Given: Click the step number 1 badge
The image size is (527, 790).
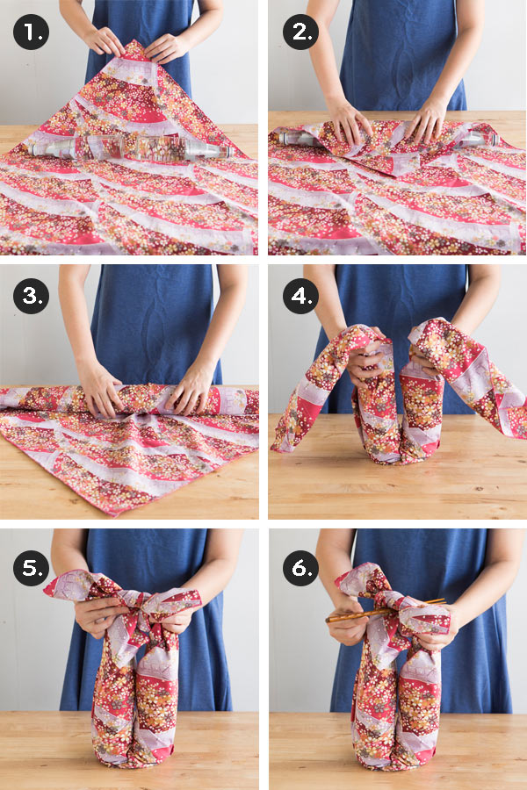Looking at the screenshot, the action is coord(31,32).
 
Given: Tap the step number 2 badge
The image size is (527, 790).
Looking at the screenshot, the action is coord(301,32).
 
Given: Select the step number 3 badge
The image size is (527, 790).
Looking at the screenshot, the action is coord(31,296).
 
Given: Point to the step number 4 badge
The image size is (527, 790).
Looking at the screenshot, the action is coord(301,296).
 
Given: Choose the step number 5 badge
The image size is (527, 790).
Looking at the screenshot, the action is coord(31,568).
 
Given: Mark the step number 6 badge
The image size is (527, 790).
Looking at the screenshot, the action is coord(301,568).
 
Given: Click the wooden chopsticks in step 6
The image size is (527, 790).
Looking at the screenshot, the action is coord(386,610).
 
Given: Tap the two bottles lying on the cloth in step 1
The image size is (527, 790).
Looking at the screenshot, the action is coord(131,148).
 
